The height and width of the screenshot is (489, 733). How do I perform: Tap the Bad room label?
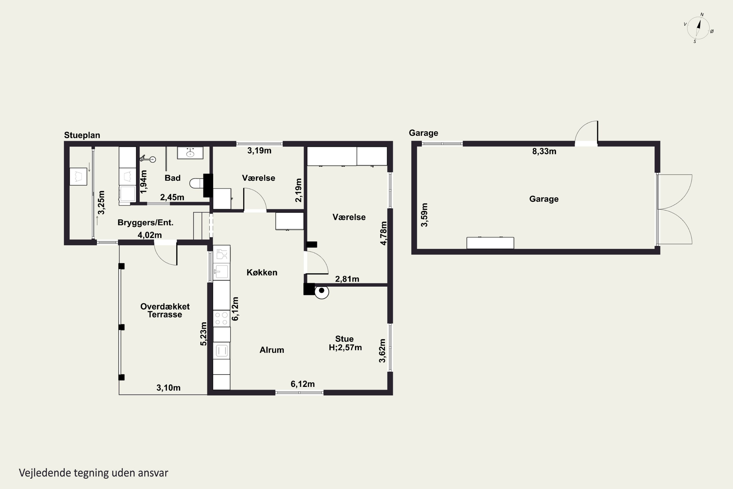[172, 178]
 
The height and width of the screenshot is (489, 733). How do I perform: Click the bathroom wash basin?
[190, 153]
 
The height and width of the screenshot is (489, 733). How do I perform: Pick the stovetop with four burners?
[221, 318]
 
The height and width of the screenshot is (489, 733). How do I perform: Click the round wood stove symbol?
[322, 292]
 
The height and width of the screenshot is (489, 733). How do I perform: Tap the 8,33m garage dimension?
[544, 151]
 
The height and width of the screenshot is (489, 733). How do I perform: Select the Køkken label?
[262, 273]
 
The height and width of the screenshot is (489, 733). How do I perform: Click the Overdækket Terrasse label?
[165, 310]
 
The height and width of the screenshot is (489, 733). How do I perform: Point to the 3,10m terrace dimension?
[168, 388]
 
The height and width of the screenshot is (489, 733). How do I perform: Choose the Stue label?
[344, 339]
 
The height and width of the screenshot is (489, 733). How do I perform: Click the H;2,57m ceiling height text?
[345, 347]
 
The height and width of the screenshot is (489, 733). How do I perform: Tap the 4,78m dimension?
[384, 233]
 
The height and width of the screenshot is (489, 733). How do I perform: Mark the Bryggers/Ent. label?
[145, 223]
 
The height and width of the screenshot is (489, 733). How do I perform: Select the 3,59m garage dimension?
[424, 215]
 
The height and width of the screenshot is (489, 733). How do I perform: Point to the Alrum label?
[272, 350]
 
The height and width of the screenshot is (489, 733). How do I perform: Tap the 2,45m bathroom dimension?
[172, 197]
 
